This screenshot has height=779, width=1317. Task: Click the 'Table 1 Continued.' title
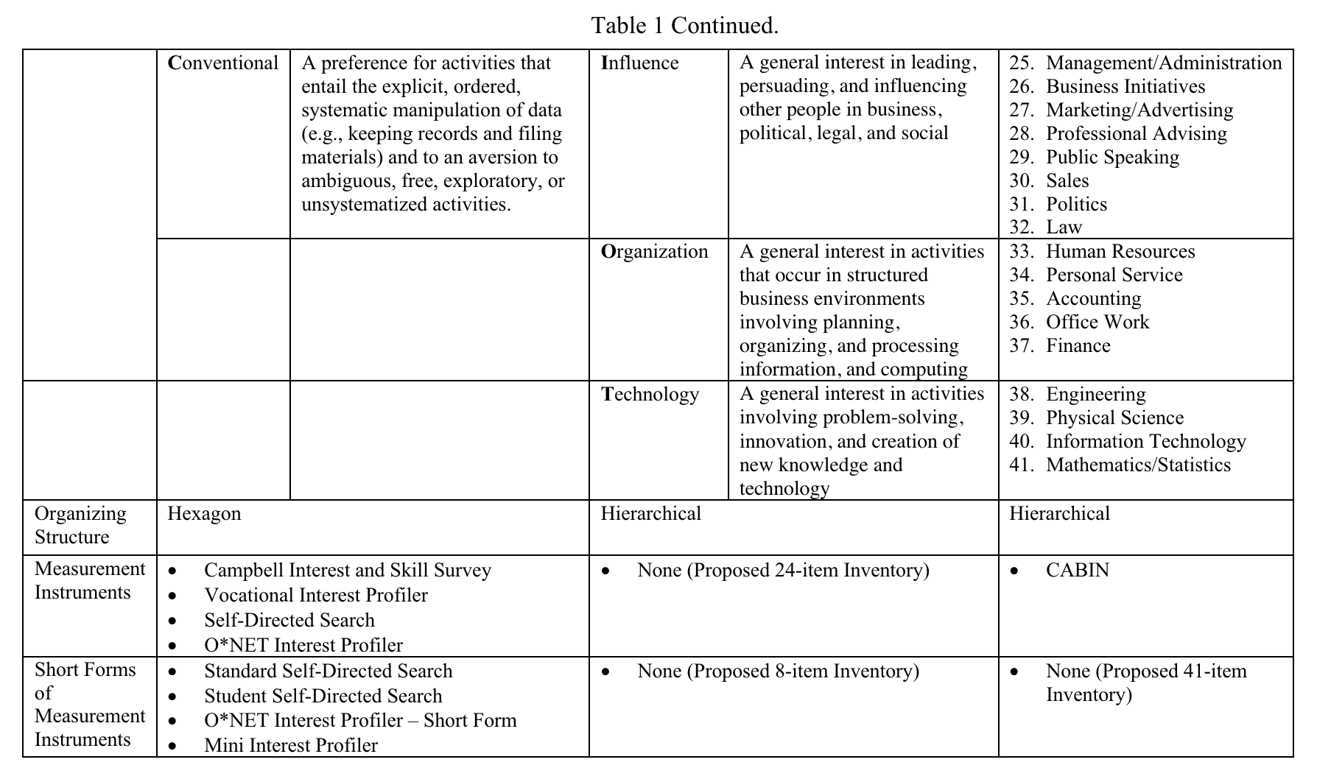click(x=684, y=26)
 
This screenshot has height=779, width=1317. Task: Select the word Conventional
click(x=223, y=63)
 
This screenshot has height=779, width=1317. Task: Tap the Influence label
click(x=639, y=63)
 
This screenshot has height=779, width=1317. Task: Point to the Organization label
click(x=654, y=252)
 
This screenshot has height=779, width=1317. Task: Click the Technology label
click(x=650, y=395)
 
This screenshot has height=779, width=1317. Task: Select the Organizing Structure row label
click(x=80, y=526)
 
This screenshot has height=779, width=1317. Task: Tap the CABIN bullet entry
click(x=1077, y=571)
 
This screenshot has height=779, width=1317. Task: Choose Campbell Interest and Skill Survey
click(x=347, y=571)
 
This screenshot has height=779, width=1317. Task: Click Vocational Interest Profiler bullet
click(x=315, y=596)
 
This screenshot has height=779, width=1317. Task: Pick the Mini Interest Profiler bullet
click(x=290, y=746)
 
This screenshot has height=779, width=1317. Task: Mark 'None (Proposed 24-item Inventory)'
click(x=783, y=571)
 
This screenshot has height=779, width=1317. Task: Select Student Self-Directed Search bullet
click(x=323, y=697)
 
